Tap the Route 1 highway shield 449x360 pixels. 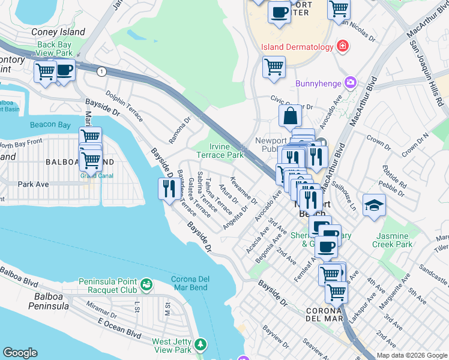pyautogui.click(x=101, y=71)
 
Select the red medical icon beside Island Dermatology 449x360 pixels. pyautogui.click(x=343, y=47)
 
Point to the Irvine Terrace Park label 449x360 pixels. pyautogui.click(x=226, y=151)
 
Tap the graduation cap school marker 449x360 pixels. pyautogui.click(x=374, y=205)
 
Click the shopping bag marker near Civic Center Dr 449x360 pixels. pyautogui.click(x=290, y=116)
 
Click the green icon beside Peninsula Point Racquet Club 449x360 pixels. pyautogui.click(x=146, y=283)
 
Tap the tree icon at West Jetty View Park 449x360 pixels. pyautogui.click(x=200, y=344)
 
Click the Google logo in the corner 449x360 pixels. pyautogui.click(x=20, y=353)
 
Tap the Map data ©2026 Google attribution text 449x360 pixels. pyautogui.click(x=411, y=355)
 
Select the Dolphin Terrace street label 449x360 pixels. pyautogui.click(x=124, y=106)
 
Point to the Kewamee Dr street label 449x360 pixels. pyautogui.click(x=244, y=190)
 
